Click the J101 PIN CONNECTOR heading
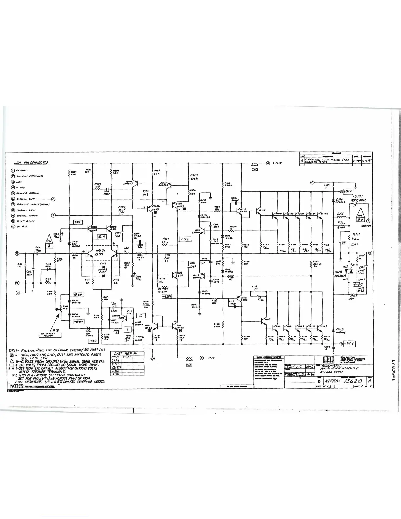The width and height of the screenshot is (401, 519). tap(31, 163)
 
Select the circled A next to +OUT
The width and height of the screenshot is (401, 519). tap(268, 163)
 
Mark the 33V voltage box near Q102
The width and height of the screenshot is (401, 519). tap(78, 222)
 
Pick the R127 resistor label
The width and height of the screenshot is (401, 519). tap(166, 239)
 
